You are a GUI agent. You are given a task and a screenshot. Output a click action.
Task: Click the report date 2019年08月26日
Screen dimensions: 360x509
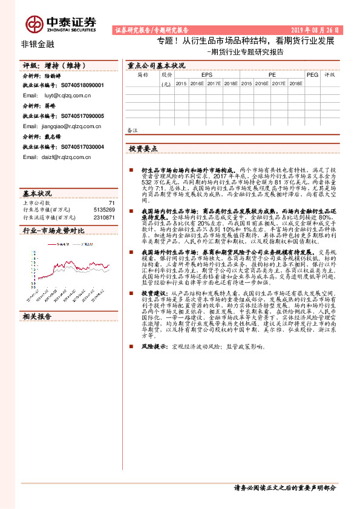(317, 29)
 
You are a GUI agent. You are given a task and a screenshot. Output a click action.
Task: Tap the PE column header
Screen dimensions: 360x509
(272, 75)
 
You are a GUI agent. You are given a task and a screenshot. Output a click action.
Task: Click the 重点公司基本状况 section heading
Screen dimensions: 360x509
(156, 65)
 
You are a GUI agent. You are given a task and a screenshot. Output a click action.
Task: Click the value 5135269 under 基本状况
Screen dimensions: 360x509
(104, 209)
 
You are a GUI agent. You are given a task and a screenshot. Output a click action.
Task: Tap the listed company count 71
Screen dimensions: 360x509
(111, 203)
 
